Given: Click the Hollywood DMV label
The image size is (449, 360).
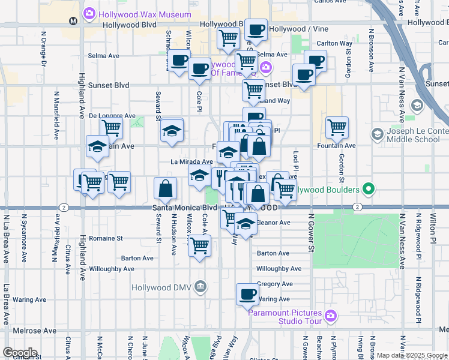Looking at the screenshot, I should point(162,287).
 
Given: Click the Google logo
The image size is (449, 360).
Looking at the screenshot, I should point(19,353).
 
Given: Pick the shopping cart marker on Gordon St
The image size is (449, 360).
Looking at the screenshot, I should point(337,127).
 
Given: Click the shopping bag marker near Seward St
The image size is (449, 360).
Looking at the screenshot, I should point(165,188).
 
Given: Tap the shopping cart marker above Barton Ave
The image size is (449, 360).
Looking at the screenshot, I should point(199,245).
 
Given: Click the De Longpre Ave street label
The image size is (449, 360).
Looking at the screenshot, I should point(112,115).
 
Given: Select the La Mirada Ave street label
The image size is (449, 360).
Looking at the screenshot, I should point(191,162).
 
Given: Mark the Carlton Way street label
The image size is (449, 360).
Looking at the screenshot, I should point(334,43).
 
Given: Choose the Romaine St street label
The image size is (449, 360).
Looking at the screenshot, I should point(106,238).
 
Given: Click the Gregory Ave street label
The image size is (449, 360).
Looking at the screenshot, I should point(274,284).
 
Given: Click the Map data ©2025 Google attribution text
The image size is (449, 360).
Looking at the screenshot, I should point(411,355).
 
